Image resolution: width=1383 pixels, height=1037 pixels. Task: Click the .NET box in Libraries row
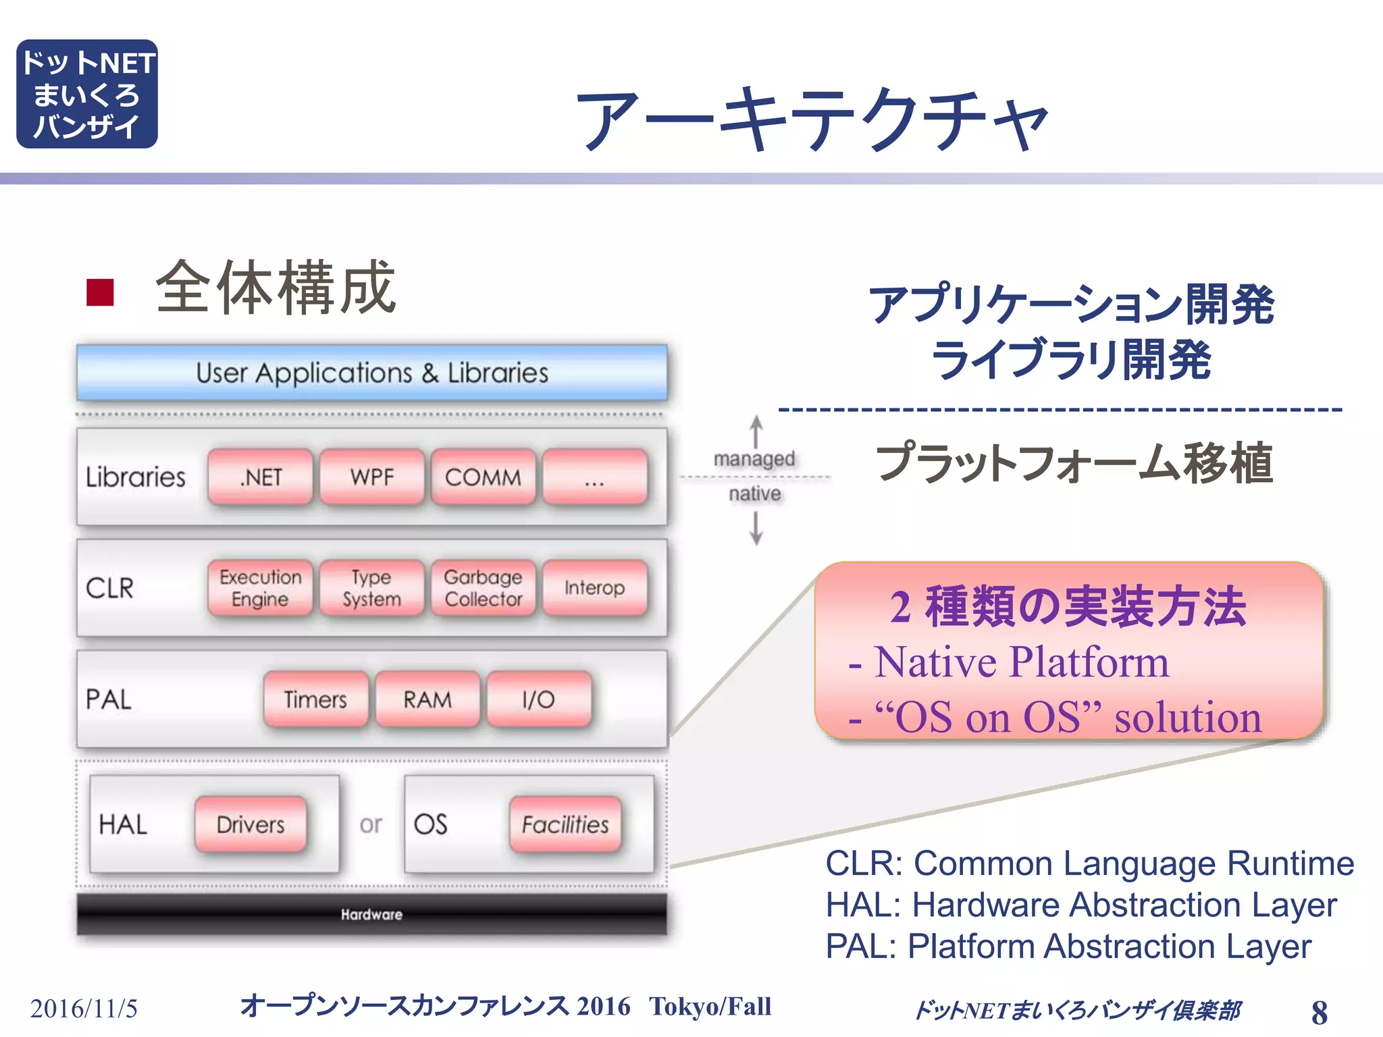pos(261,477)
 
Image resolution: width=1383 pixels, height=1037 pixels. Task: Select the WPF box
pos(372,477)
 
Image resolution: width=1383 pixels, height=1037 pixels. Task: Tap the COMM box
pos(484,477)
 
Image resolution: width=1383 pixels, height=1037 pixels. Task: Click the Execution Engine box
pos(261,587)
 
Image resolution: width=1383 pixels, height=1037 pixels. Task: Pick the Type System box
pos(372,587)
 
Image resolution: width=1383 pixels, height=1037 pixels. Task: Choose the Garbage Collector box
pos(484,587)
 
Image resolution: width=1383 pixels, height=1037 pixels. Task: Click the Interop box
pos(595,587)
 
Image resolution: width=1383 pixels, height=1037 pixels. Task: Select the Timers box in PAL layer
pos(316,699)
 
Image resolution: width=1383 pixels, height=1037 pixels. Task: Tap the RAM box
pos(427,699)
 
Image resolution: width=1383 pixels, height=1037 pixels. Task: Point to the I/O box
pos(539,699)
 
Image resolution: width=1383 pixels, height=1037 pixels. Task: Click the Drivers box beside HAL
pos(251,824)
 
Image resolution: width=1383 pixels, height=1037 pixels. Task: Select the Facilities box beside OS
pos(565,824)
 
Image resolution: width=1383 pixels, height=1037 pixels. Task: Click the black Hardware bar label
pos(371,914)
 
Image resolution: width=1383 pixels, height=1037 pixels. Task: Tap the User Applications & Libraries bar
pos(372,373)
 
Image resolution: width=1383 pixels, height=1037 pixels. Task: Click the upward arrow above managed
pos(756,430)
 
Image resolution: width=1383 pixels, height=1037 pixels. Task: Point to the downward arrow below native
pos(756,528)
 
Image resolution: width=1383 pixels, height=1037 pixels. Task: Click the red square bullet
pos(100,292)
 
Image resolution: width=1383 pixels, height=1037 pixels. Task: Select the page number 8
pos(1319,1012)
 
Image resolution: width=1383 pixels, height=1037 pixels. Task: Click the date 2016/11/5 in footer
pos(84,1009)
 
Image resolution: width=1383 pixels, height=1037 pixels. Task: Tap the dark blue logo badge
pos(87,94)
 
